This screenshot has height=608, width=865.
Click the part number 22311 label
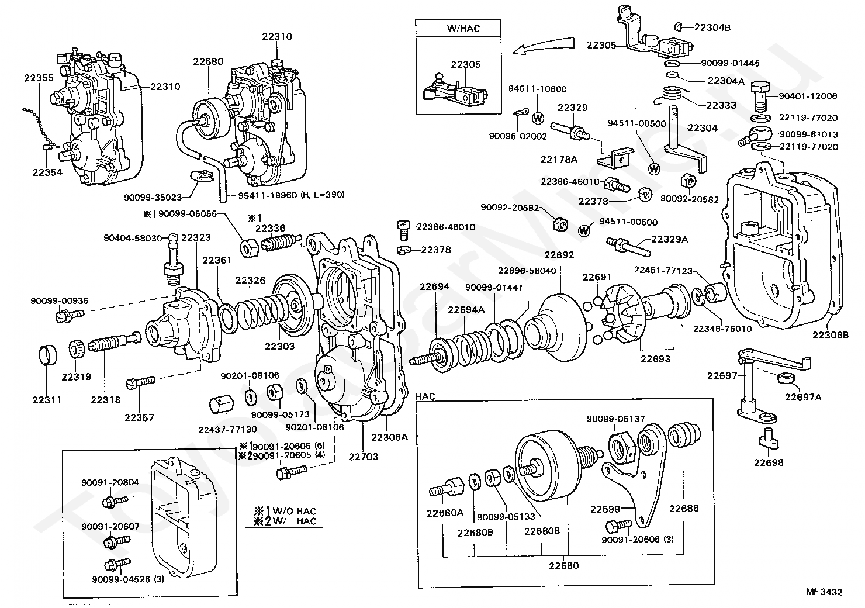pyautogui.click(x=47, y=400)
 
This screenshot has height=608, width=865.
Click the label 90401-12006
pyautogui.click(x=809, y=96)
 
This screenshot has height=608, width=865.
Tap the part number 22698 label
pyautogui.click(x=768, y=462)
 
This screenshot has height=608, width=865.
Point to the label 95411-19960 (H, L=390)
pyautogui.click(x=290, y=195)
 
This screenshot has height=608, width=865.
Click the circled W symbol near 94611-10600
pyautogui.click(x=538, y=117)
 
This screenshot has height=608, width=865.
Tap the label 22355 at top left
pyautogui.click(x=39, y=78)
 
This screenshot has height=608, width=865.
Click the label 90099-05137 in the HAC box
pyautogui.click(x=616, y=419)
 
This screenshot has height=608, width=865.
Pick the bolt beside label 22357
pyautogui.click(x=140, y=382)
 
